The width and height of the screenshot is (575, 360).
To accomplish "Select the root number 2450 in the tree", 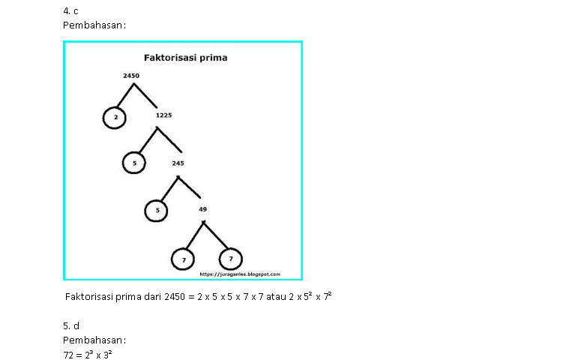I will (131, 76).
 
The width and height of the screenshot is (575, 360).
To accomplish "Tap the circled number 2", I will (115, 117).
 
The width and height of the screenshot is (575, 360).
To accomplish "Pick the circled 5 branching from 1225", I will (133, 163).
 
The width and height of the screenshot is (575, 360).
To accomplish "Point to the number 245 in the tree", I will (178, 162).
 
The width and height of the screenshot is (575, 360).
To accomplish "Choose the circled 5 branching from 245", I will (157, 211).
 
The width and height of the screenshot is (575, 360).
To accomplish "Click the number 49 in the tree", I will (202, 209).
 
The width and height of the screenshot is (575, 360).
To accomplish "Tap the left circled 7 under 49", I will (183, 259).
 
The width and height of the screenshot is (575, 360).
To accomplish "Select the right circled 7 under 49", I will (230, 259).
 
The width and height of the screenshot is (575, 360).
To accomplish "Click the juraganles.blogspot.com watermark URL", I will (240, 274).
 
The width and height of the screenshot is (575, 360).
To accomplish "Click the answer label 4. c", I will (70, 11).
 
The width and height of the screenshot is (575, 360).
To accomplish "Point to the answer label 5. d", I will (71, 326).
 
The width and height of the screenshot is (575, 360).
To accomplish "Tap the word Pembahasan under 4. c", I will (94, 25).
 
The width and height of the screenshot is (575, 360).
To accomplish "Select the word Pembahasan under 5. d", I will (94, 340).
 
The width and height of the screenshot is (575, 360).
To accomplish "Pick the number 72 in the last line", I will (69, 355).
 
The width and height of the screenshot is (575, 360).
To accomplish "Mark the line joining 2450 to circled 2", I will (124, 95).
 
